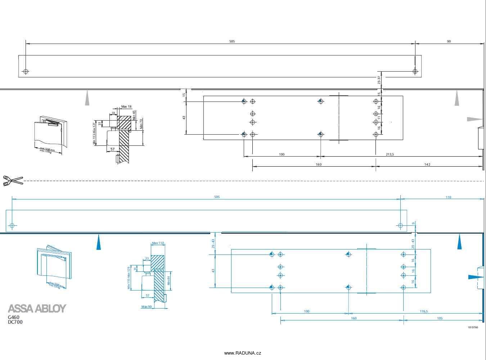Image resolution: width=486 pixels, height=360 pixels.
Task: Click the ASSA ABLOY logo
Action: (37, 309)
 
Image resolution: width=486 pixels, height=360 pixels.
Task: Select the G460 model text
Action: (14, 317)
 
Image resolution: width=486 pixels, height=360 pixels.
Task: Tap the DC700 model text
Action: (15, 322)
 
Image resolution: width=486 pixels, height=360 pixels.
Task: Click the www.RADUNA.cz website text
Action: (243, 353)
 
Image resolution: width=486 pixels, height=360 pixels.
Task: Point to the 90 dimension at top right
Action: (449, 41)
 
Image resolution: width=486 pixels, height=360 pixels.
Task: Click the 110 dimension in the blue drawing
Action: (448, 197)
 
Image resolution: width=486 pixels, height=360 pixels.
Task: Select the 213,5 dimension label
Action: (390, 154)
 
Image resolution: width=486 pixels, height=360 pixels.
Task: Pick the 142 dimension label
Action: (427, 165)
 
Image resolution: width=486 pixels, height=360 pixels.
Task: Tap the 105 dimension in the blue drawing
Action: (440, 318)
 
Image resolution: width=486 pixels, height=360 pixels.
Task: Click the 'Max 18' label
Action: (126, 107)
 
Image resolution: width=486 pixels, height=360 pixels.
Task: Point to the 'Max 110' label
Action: (158, 243)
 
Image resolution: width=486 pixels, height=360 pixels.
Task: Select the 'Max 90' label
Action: (146, 307)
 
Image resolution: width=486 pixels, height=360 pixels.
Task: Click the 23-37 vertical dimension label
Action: (379, 80)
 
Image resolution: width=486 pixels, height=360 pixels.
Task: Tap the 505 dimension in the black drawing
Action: (232, 41)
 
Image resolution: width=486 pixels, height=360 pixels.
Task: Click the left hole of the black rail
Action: (26, 71)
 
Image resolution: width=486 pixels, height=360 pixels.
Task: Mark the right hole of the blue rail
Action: (400, 226)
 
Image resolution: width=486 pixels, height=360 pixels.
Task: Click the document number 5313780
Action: (473, 328)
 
